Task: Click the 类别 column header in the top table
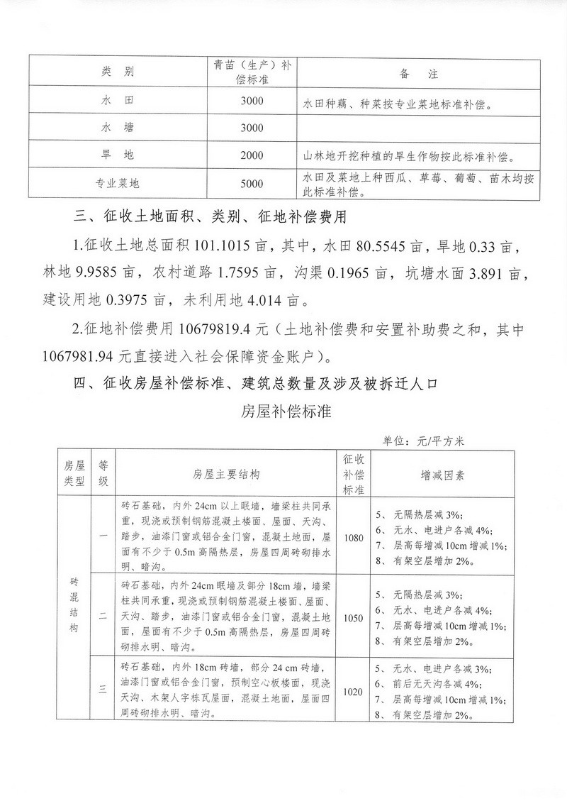click(x=118, y=72)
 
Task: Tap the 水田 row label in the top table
click(x=118, y=101)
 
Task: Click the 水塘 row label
click(x=118, y=128)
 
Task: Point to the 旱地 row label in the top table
click(x=118, y=155)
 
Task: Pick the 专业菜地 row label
click(x=118, y=183)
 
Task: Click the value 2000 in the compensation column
click(x=252, y=155)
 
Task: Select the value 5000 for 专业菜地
click(x=252, y=183)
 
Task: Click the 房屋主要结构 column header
click(x=225, y=473)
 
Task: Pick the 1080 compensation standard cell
click(x=352, y=538)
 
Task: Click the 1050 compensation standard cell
click(x=352, y=617)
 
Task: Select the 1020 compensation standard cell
click(x=352, y=692)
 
